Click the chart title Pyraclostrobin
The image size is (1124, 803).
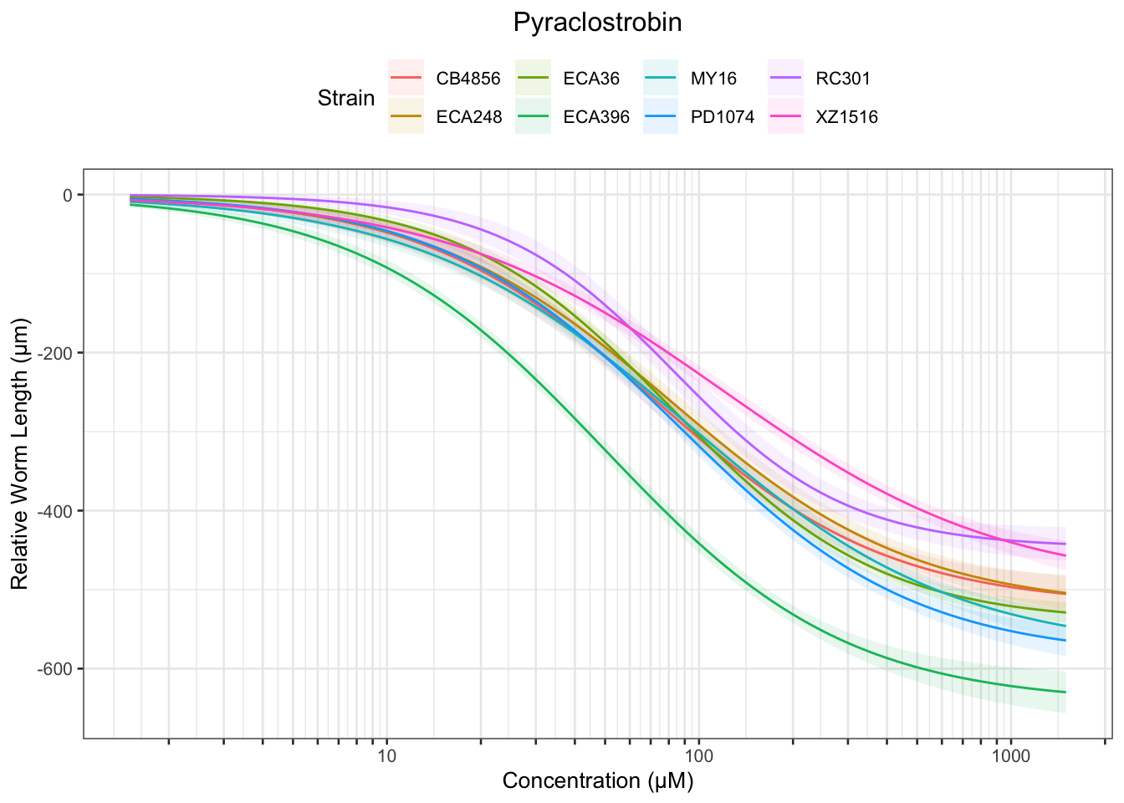coord(597,23)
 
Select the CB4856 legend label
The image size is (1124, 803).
coord(468,79)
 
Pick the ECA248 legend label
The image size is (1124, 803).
coord(469,117)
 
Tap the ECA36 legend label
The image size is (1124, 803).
coord(591,79)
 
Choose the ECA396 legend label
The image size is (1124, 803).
coord(596,117)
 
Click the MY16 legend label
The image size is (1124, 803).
coord(713,79)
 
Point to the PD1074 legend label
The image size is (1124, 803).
coord(722,117)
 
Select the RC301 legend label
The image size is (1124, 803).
coord(843,79)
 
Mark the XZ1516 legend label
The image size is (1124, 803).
coord(847,117)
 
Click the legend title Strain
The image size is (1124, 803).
coord(346,98)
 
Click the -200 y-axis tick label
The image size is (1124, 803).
coord(59,353)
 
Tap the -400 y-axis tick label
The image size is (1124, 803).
coord(59,511)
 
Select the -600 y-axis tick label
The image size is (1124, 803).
coord(59,669)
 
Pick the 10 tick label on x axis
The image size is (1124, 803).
coord(386,756)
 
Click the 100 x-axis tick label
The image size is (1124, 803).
coord(698,756)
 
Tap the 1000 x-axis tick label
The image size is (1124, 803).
coord(1010,756)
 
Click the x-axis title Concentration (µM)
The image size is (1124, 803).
coord(598,781)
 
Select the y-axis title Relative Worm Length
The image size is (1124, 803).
coord(20,453)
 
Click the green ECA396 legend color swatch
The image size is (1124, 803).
coord(534,117)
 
